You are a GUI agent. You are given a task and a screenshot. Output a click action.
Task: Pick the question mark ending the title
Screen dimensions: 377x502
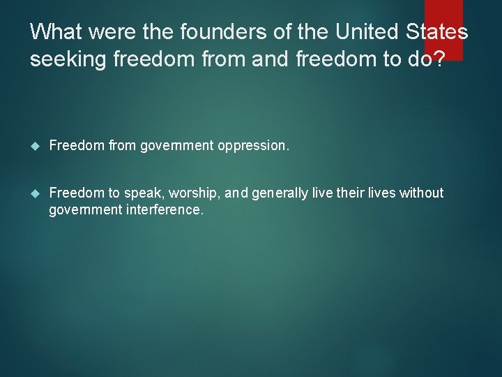436,60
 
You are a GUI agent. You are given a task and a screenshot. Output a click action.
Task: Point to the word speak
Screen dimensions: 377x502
143,193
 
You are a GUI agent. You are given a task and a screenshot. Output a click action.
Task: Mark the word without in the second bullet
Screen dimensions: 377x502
421,193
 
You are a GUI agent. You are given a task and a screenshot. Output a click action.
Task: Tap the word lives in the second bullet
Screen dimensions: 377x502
379,193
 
